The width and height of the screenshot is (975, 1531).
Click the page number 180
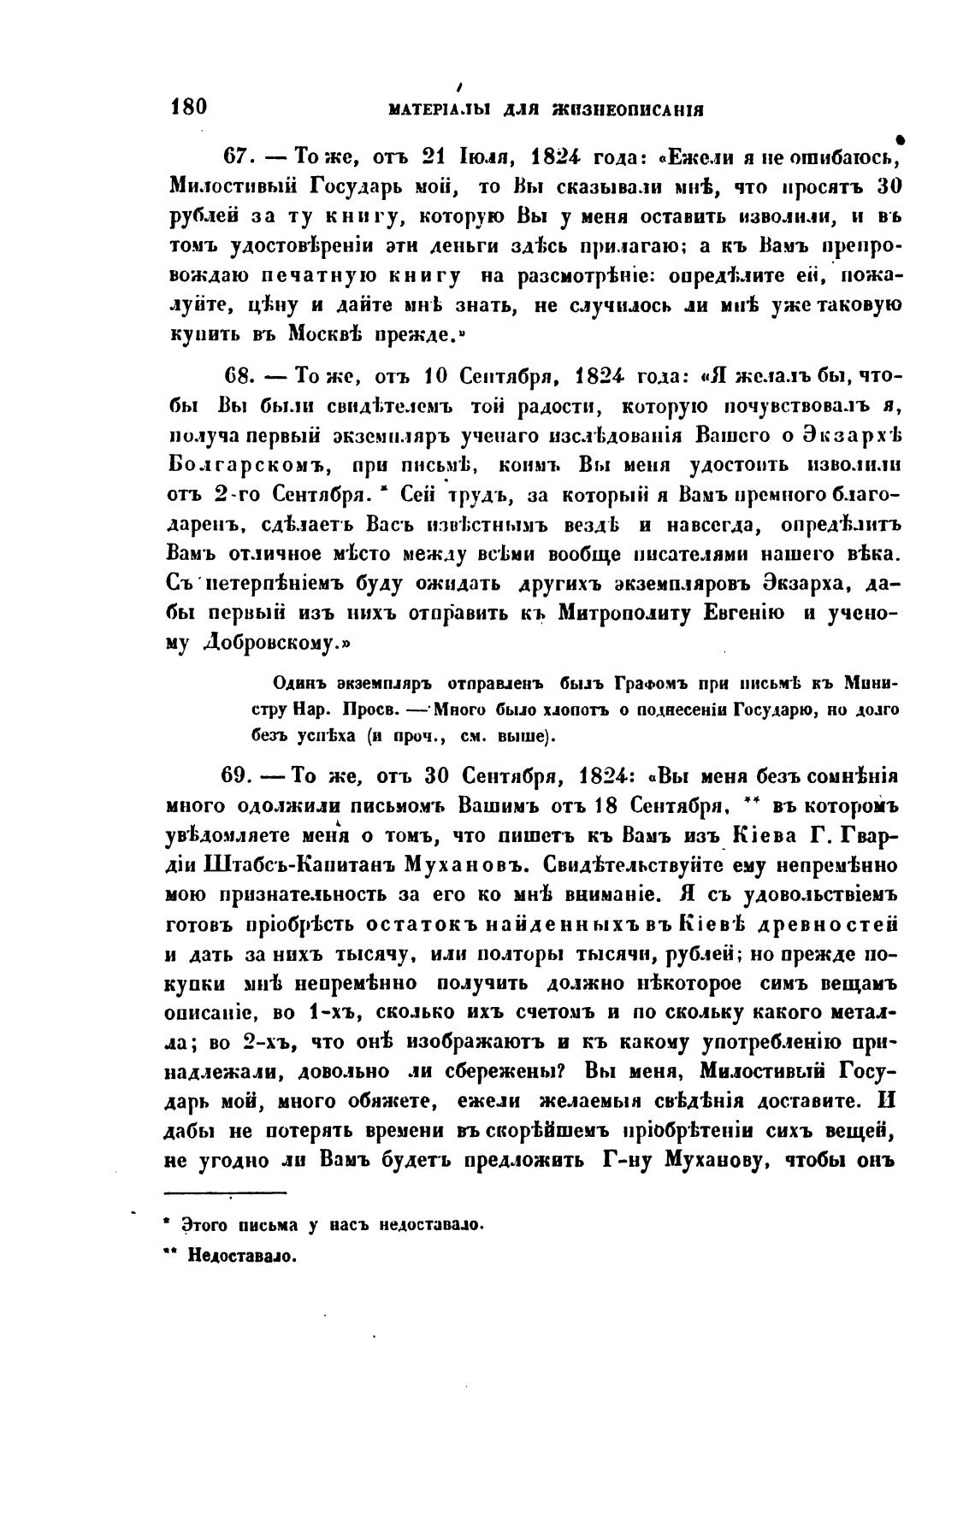(x=189, y=107)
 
